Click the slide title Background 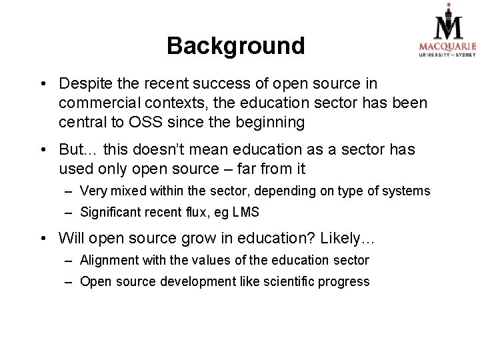tap(235, 46)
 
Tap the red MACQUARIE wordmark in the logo tap(447, 46)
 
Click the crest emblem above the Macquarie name tap(447, 21)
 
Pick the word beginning tap(271, 123)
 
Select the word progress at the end tap(344, 281)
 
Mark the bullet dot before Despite tap(42, 85)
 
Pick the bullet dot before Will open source tap(42, 238)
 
